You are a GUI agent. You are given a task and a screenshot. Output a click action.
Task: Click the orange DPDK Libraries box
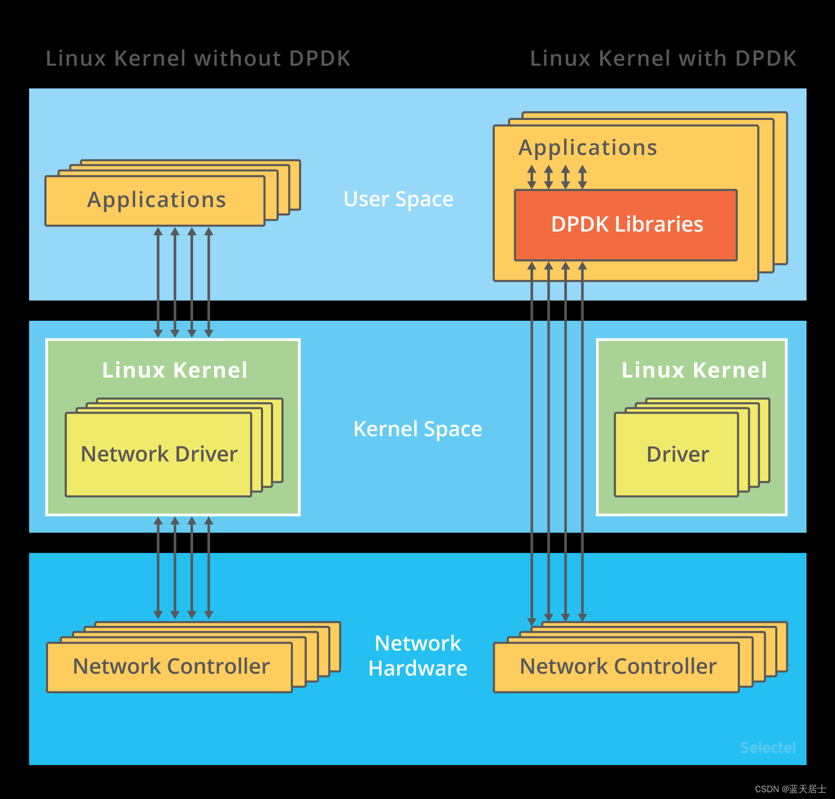coord(626,225)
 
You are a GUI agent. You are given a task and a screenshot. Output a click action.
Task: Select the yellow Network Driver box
coord(159,454)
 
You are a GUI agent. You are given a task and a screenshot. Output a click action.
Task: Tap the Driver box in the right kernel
coord(677,454)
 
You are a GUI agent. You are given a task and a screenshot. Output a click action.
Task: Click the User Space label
coord(398,199)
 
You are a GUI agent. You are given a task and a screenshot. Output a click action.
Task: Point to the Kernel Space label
coord(417,429)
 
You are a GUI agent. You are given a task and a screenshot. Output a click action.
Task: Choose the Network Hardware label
coord(417,656)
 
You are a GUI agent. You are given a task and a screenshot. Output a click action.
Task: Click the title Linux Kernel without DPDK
coord(198,58)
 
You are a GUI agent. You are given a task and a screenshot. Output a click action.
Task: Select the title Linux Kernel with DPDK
coord(663,58)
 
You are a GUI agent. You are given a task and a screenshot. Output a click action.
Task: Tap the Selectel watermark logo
coord(767,747)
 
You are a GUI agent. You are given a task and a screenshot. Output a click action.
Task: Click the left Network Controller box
coord(170,667)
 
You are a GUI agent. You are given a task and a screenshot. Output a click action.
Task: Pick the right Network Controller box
coord(617,667)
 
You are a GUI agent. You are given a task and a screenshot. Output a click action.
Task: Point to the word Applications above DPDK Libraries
coord(588,148)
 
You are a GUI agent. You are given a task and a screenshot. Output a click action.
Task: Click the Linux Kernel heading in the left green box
coord(175,370)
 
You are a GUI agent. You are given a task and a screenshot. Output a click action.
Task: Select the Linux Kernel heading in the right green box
coord(694,370)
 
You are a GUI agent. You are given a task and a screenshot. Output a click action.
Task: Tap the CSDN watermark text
coord(790,789)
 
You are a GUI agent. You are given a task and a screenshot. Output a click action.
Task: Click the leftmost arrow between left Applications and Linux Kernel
coord(158,282)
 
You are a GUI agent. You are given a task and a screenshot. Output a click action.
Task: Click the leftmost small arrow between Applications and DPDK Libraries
coord(531,177)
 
